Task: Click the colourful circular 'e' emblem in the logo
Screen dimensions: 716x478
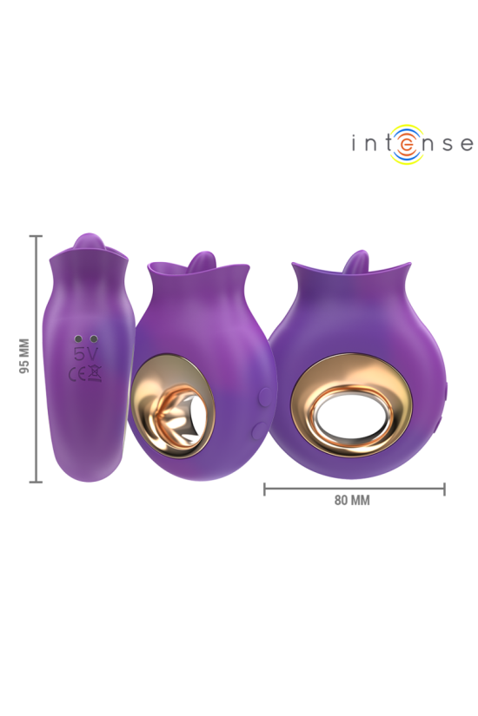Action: pyautogui.click(x=407, y=144)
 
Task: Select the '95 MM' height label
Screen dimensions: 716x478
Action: pyautogui.click(x=23, y=355)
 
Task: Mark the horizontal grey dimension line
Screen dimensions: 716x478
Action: pyautogui.click(x=355, y=489)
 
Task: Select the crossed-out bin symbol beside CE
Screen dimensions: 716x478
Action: pyautogui.click(x=93, y=375)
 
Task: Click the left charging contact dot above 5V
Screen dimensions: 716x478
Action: pyautogui.click(x=76, y=338)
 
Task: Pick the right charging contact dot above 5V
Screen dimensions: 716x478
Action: pyautogui.click(x=92, y=338)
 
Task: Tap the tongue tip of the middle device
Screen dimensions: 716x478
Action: pyautogui.click(x=201, y=259)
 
